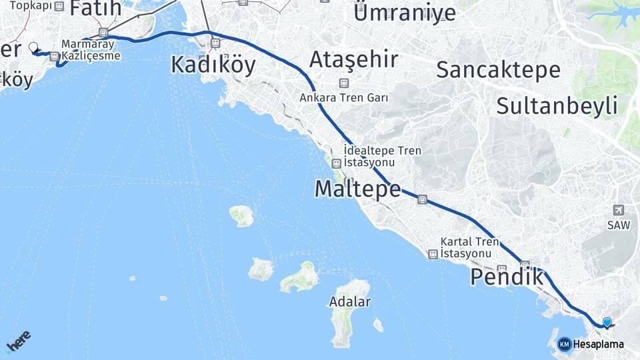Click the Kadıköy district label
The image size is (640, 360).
(213, 65)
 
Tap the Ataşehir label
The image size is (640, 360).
(344, 60)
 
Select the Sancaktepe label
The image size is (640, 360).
(498, 69)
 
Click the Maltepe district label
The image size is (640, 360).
(357, 189)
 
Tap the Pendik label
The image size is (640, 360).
(507, 277)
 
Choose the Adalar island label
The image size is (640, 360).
(350, 301)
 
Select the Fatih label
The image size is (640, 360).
(95, 8)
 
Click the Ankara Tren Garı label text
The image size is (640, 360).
(344, 97)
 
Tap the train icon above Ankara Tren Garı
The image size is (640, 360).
(344, 83)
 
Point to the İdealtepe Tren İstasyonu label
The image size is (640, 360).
(383, 157)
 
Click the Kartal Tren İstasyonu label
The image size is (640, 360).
(469, 247)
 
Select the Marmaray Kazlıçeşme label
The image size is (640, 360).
(91, 50)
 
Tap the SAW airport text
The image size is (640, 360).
(618, 225)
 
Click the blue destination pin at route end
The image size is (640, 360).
(607, 323)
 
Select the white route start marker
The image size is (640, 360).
(33, 47)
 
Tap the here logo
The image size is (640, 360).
(18, 343)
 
